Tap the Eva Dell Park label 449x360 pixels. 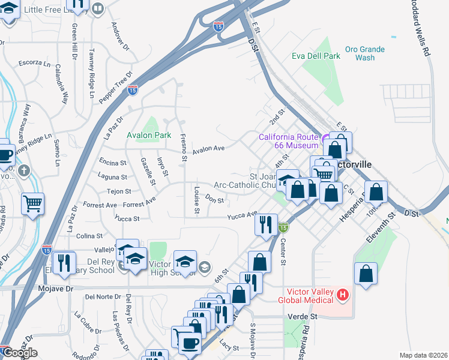[x=316, y=56]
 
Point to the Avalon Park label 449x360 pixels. [x=145, y=135]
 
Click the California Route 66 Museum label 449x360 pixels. [x=288, y=141]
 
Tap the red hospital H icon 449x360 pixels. [x=342, y=295]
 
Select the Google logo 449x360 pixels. [x=19, y=353]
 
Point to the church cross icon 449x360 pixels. [x=24, y=171]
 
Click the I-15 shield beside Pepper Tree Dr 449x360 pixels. [x=132, y=90]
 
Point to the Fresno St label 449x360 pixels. [x=183, y=142]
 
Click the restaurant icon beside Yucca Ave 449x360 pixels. [x=267, y=224]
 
